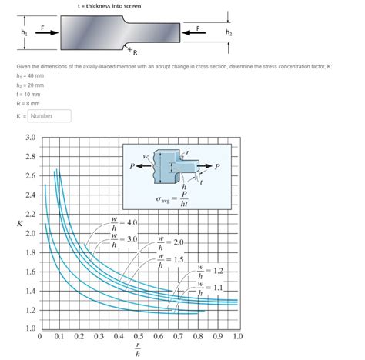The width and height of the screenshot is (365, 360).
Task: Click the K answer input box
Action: click(50, 116)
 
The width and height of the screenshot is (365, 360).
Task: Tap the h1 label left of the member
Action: click(13, 33)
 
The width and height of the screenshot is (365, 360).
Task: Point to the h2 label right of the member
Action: click(229, 33)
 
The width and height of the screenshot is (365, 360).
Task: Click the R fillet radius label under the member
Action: click(134, 53)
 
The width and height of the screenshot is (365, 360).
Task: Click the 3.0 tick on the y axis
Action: click(30, 138)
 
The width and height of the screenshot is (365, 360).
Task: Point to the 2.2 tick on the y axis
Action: click(30, 214)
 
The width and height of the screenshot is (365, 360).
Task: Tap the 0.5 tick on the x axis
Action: click(139, 336)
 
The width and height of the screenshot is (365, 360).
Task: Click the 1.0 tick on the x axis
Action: click(237, 336)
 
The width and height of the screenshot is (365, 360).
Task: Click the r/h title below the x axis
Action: click(138, 350)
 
